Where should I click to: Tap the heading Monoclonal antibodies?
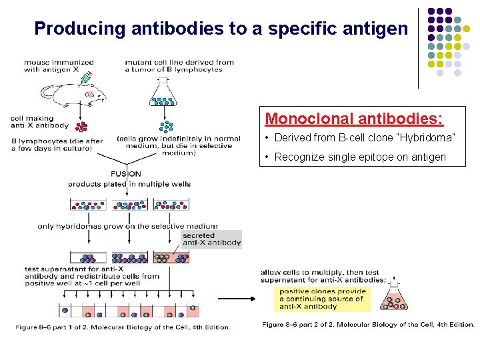(354, 119)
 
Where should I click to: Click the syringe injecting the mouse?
(85, 79)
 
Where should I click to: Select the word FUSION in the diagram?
(126, 174)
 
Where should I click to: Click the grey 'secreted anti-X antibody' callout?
(212, 239)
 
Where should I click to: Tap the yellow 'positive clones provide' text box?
(323, 299)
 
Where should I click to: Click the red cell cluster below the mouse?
(82, 127)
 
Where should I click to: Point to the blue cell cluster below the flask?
(165, 125)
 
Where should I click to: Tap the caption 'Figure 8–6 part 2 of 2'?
(368, 325)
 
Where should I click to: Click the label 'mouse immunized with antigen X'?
(59, 66)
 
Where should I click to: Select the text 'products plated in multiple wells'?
(129, 184)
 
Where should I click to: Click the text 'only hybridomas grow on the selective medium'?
(127, 227)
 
